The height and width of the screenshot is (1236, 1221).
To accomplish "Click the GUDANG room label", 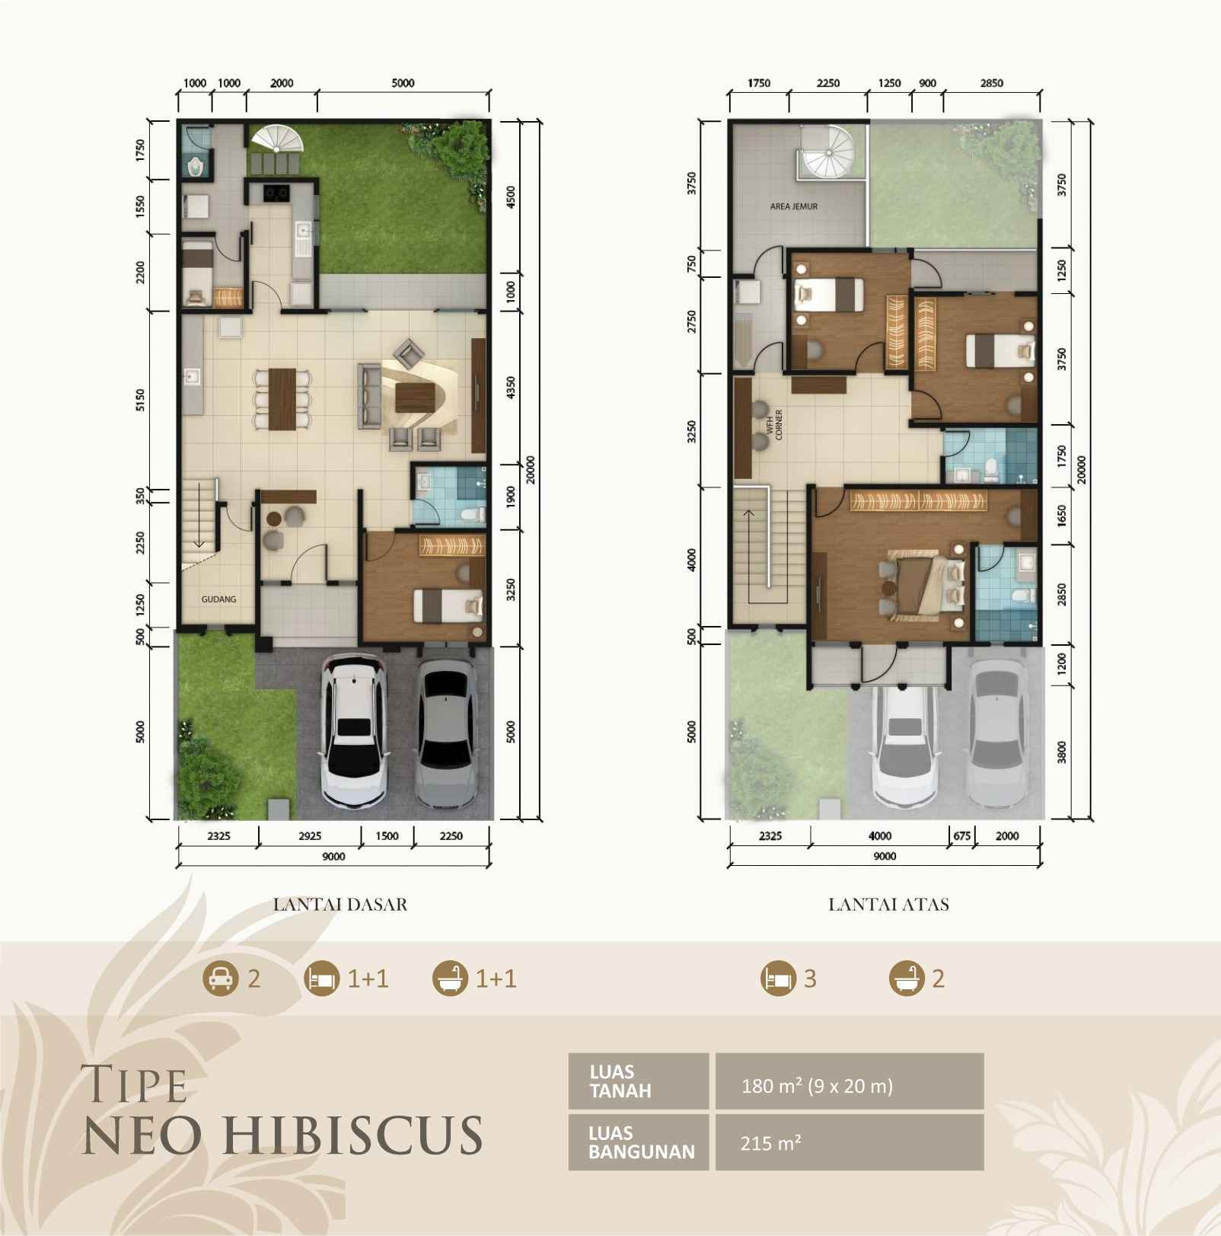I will click(218, 599).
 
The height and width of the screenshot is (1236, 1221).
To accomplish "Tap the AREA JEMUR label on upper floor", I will click(793, 206).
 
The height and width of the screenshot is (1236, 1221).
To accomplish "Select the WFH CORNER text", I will click(774, 425).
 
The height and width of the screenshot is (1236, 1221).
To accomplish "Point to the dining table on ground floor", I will click(282, 399).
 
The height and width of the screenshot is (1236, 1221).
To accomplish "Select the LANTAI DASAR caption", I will click(340, 905).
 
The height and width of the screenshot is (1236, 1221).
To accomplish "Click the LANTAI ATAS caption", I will click(888, 905).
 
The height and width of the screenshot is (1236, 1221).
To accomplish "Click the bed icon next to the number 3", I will click(776, 978).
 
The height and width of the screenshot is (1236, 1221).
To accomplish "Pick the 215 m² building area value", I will click(770, 1142).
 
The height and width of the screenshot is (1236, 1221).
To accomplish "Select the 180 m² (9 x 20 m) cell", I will click(817, 1085).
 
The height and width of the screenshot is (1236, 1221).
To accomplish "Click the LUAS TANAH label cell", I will click(638, 1081).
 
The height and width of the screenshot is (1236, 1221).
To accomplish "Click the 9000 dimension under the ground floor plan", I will click(333, 857).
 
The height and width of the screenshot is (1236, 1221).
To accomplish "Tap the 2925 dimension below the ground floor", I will click(310, 836).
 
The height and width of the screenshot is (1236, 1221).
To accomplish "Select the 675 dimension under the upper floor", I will click(962, 836).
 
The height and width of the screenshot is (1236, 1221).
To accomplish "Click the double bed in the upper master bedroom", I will click(923, 586).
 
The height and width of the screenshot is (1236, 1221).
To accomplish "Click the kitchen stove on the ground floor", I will click(275, 193).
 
